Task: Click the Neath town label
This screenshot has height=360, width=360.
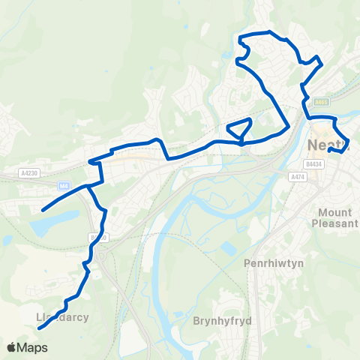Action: [328, 143]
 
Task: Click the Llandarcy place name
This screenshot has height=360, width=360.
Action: [63, 316]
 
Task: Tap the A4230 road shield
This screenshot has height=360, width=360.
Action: [29, 172]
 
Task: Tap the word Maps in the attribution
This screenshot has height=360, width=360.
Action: [34, 347]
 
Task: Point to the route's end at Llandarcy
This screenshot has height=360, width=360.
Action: [38, 328]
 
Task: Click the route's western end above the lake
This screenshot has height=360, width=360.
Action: [42, 211]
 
